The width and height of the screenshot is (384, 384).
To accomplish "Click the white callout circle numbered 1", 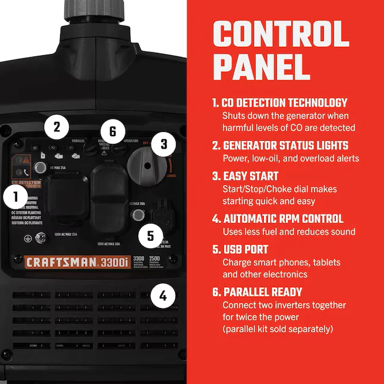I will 14,196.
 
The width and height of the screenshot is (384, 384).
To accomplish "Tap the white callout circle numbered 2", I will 56,126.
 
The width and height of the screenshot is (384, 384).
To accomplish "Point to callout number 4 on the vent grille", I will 162,295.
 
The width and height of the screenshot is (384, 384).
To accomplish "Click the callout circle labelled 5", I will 150,235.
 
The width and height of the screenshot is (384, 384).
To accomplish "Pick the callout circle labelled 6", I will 112,130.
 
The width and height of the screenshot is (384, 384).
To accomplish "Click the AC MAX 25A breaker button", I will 40,168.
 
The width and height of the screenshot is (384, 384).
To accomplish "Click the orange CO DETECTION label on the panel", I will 26,182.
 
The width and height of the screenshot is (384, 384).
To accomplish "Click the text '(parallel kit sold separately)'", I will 278,329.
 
